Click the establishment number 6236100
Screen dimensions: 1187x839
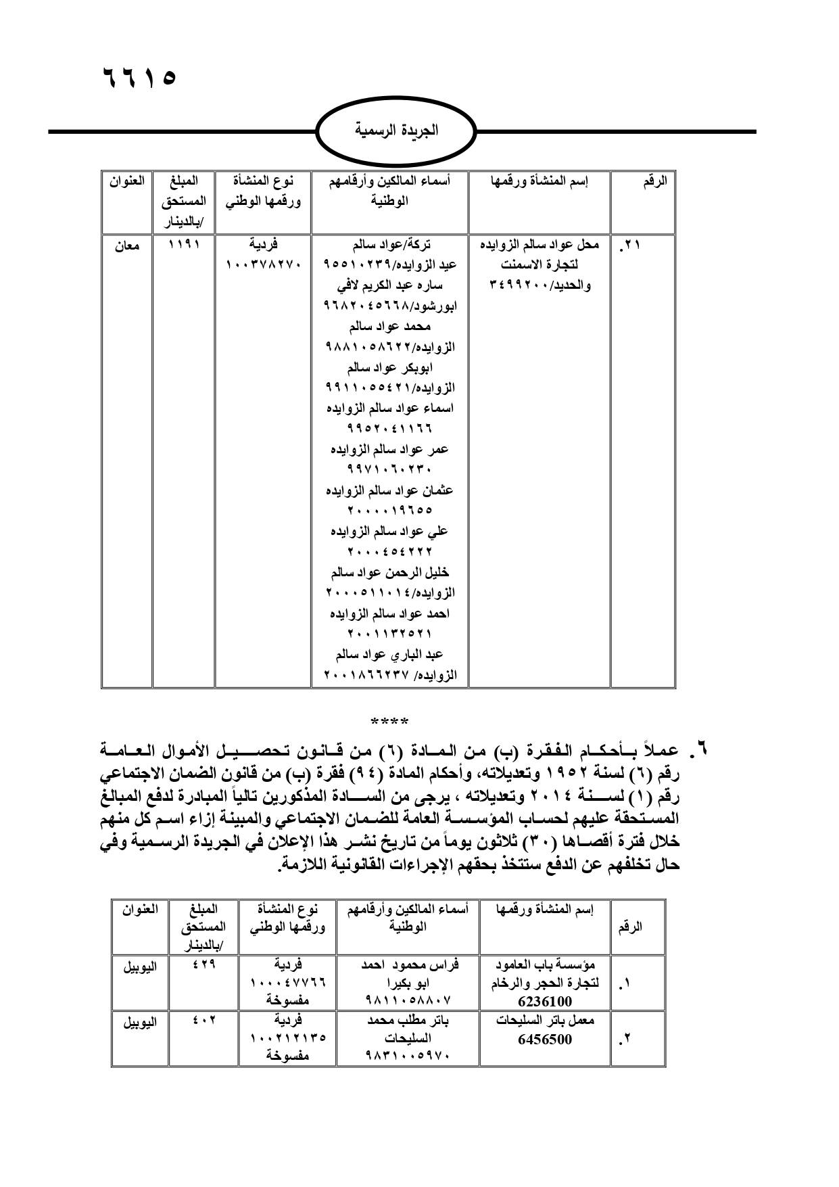pos(544,1002)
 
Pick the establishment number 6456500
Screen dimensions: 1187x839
pos(544,1040)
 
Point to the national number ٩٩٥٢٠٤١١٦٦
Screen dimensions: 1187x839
pos(389,429)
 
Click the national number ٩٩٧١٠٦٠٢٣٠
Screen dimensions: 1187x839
pos(389,469)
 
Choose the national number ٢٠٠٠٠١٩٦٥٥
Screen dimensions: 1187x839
pos(389,511)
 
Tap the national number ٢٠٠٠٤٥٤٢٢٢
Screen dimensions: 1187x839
pos(389,552)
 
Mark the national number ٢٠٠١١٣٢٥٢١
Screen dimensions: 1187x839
pos(389,634)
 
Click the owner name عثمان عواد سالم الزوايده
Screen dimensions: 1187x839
pos(389,490)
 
